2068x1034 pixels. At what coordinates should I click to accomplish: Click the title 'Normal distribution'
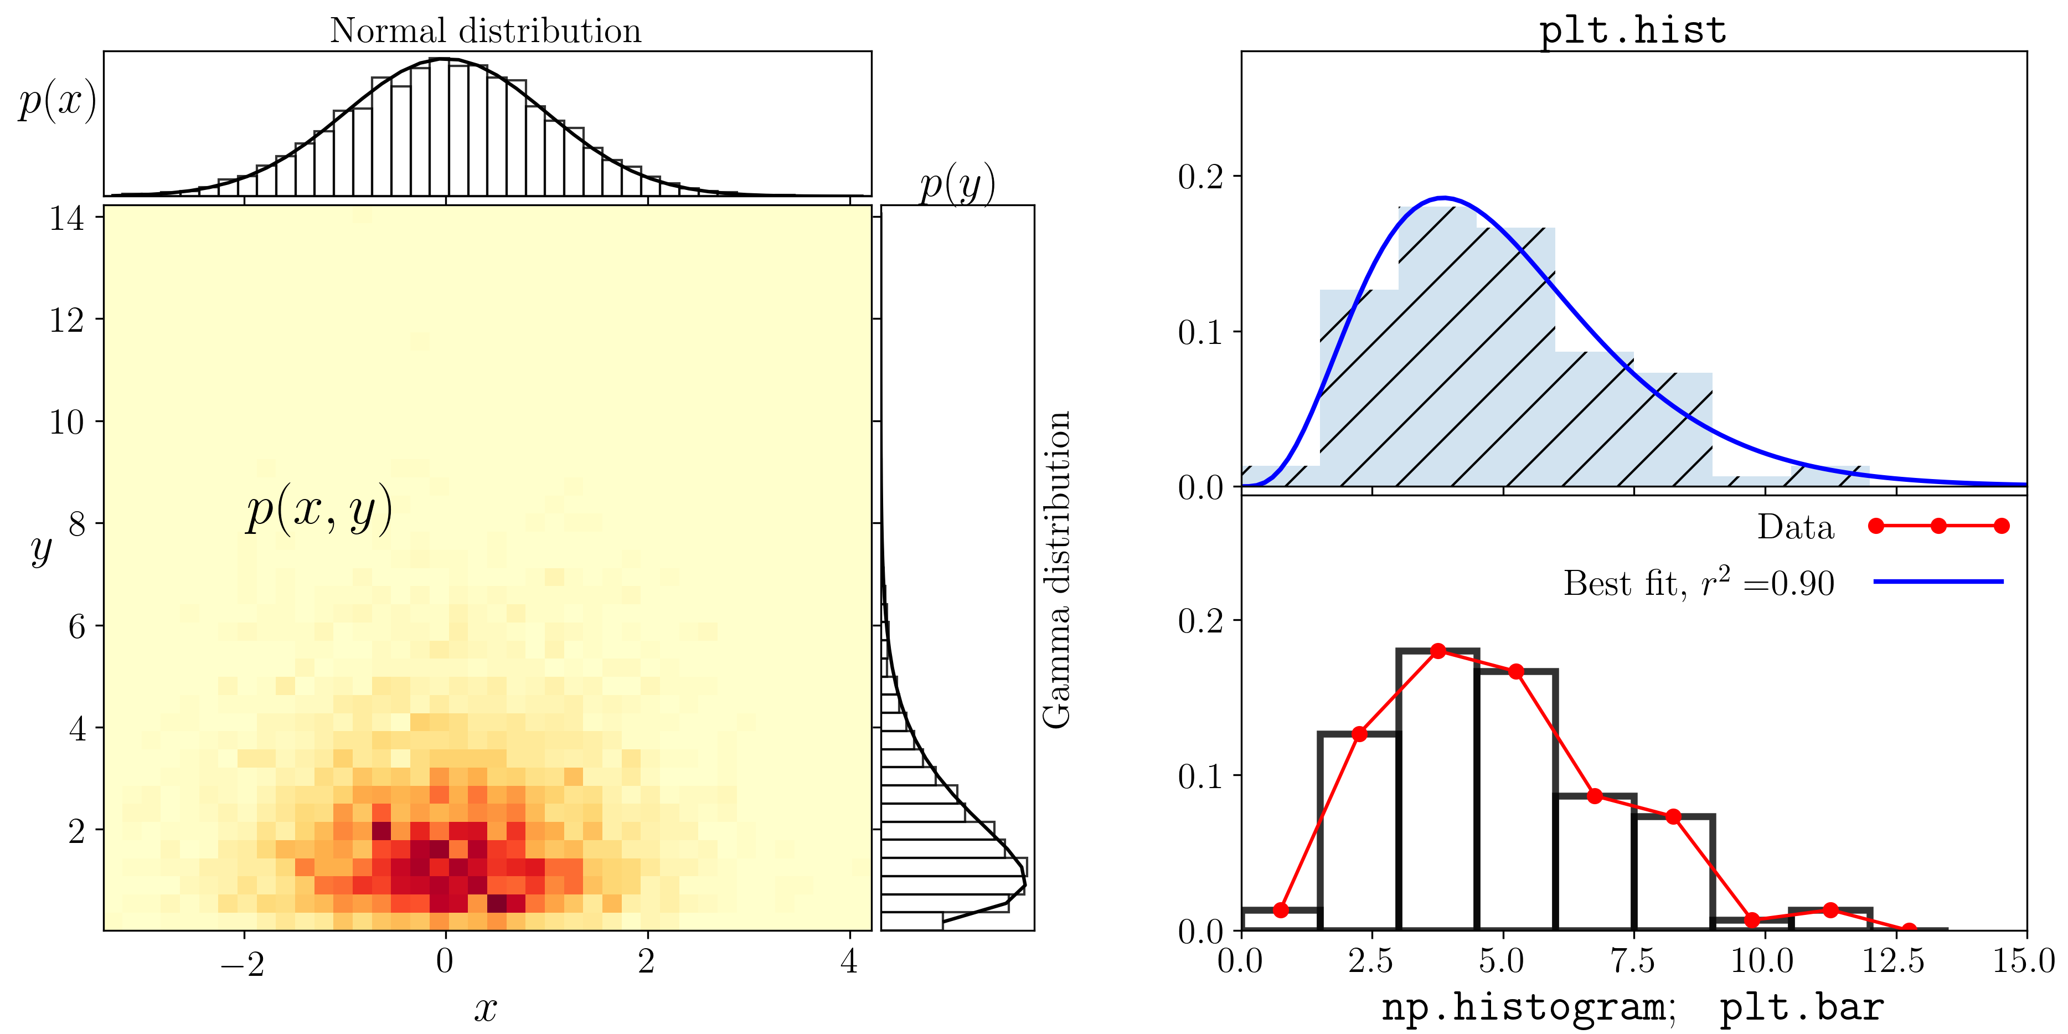[x=485, y=30]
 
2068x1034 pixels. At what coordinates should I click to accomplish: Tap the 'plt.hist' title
[x=1633, y=30]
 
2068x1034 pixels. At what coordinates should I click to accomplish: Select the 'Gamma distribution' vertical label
[x=1056, y=570]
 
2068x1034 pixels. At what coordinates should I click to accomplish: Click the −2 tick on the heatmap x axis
[x=243, y=962]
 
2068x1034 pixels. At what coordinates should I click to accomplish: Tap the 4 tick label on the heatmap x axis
[x=849, y=961]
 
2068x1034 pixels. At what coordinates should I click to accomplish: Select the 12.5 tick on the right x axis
[x=1893, y=961]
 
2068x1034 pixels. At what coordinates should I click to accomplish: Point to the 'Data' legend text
[x=1795, y=527]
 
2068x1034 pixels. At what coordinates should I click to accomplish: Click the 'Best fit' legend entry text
[x=1699, y=583]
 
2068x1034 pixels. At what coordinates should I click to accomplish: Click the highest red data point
[x=1438, y=650]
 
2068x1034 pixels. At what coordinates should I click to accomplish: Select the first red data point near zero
[x=1281, y=909]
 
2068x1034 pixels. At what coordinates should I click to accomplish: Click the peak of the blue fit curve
[x=1443, y=198]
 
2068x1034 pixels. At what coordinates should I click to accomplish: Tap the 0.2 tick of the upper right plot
[x=1200, y=177]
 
